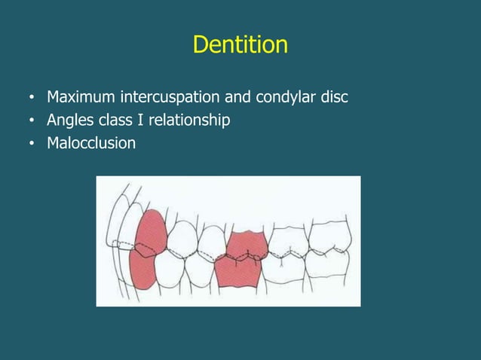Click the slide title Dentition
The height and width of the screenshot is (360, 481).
240,45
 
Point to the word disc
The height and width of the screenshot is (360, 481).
332,98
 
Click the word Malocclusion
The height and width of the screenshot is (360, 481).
91,142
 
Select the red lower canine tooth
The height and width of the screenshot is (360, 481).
141,271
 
